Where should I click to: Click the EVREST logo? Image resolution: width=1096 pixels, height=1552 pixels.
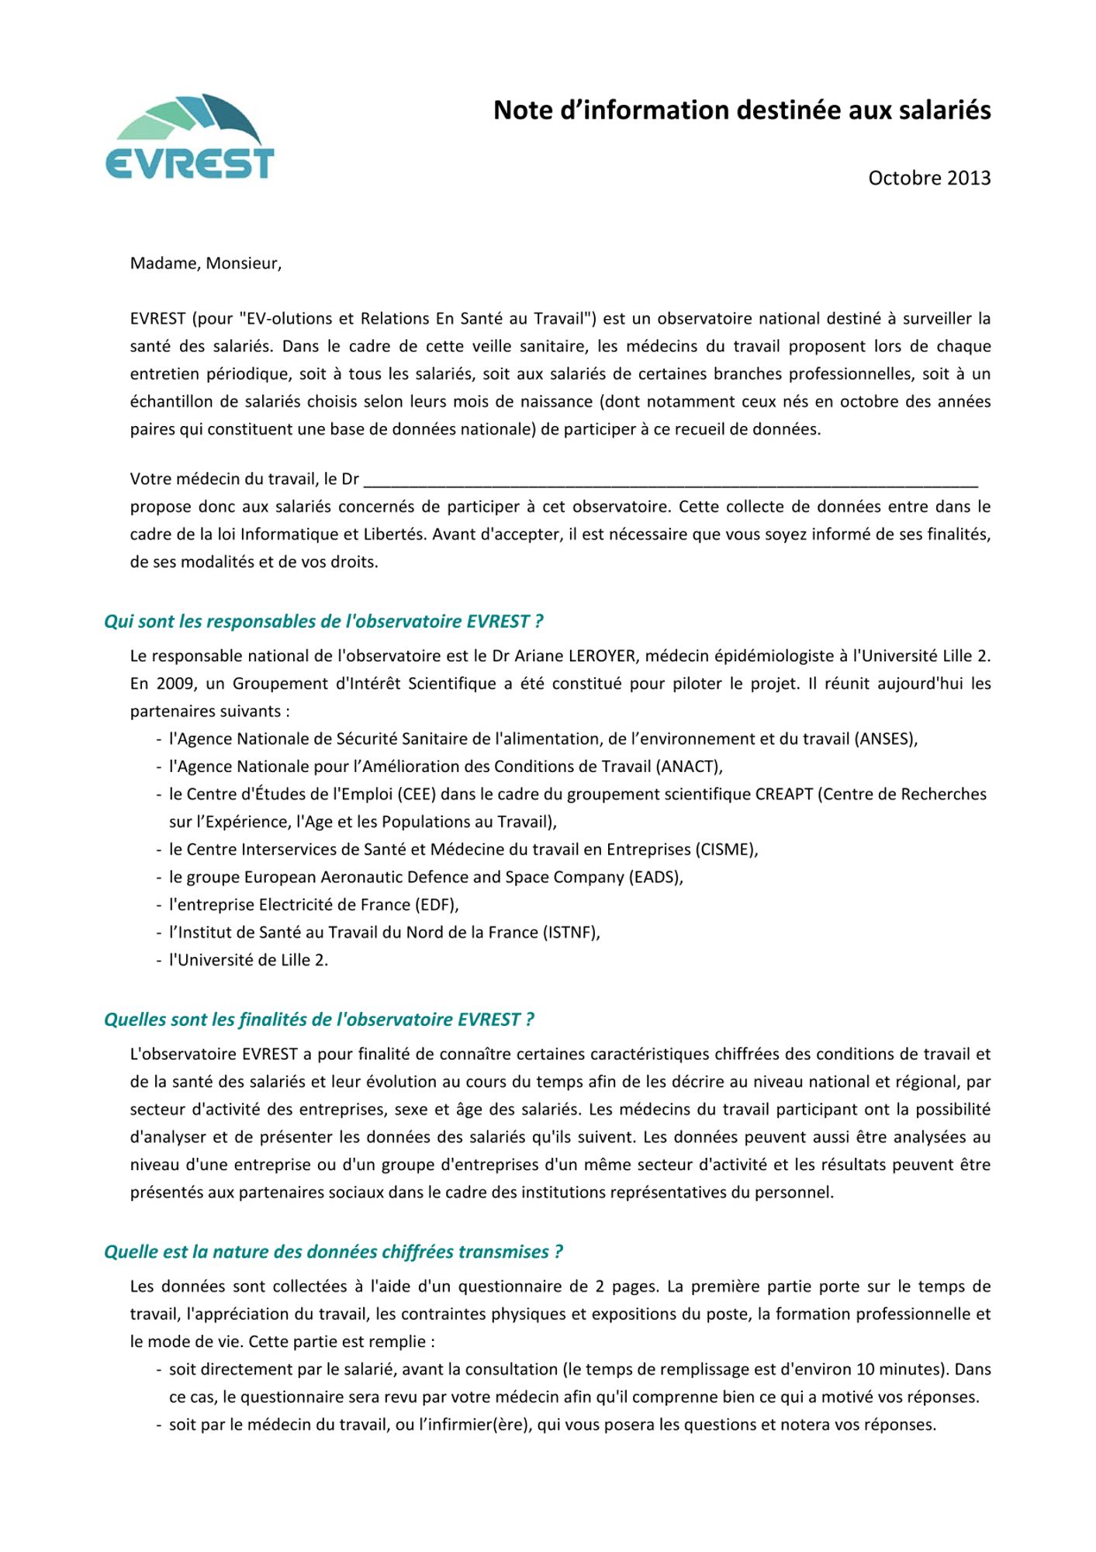coord(189,137)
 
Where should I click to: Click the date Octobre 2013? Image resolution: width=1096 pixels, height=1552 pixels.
coord(928,178)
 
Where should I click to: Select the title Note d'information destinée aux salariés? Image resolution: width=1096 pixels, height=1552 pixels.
coord(742,110)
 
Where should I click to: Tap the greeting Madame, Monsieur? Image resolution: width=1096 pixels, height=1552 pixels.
coord(206,263)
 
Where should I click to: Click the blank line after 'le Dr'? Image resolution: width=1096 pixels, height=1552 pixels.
coord(670,480)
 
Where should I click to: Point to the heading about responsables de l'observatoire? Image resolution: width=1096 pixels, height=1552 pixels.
coord(323,621)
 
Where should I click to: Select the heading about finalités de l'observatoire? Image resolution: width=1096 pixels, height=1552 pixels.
coord(319,1019)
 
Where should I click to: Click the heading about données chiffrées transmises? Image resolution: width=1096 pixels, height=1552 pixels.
coord(333,1251)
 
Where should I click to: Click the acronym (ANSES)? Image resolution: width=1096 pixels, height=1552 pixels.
coord(886,739)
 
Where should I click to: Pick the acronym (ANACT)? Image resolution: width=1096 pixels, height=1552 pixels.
coord(689,767)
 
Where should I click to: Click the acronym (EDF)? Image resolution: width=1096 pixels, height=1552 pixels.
coord(436,905)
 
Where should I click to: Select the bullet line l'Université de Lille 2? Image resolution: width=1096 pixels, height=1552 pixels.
coord(248,960)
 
